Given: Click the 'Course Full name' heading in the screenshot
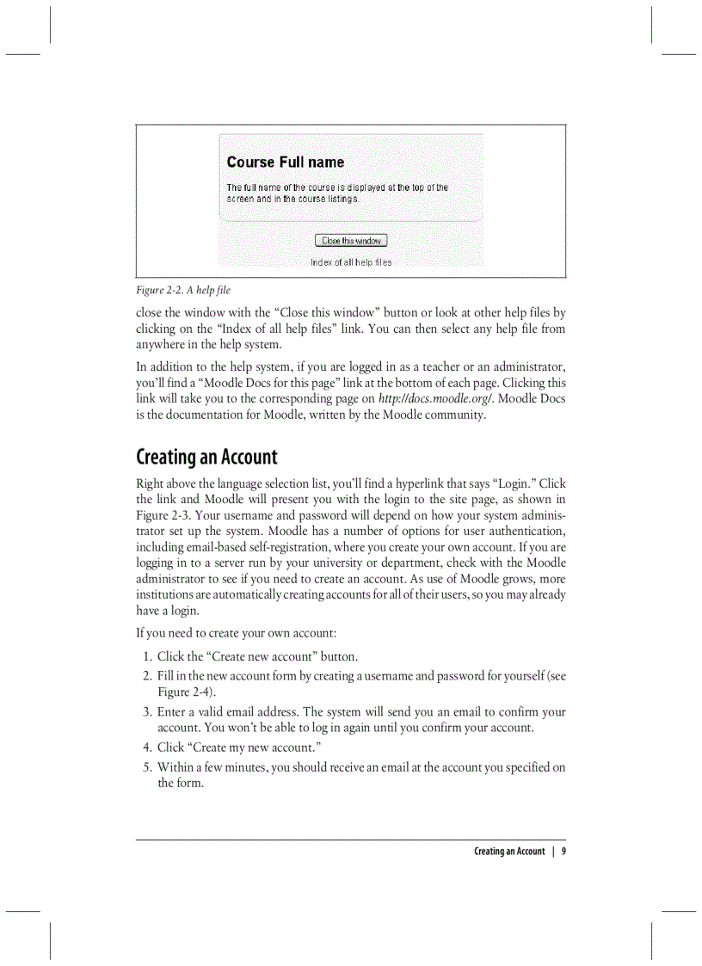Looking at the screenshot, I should pos(285,162).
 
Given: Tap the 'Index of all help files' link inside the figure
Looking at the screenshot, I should pos(351,262).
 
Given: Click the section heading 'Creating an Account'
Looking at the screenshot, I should pos(206,457).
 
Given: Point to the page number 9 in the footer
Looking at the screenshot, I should pos(563,852).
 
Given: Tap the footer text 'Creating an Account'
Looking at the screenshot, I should pos(508,852).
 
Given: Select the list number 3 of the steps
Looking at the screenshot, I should pos(146,712).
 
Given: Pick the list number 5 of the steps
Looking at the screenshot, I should pos(146,767).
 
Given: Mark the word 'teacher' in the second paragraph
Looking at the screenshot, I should pos(434,366).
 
